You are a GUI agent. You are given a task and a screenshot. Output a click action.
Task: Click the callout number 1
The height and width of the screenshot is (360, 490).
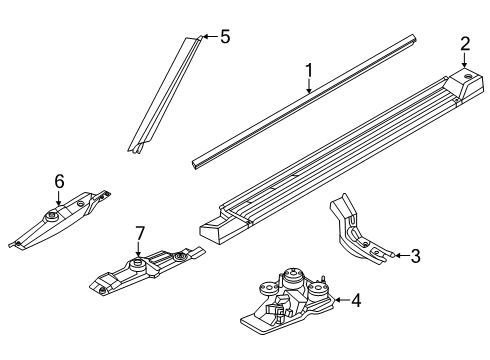(309, 71)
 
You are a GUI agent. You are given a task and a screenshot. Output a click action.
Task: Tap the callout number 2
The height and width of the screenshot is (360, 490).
(465, 44)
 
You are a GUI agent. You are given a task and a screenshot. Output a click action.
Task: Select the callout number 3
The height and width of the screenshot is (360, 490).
(415, 256)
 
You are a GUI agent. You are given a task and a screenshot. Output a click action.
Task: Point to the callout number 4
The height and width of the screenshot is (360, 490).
(356, 300)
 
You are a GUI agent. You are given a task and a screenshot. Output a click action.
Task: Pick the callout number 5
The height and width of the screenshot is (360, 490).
(225, 36)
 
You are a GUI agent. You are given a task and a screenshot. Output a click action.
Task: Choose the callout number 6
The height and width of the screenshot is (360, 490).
(59, 182)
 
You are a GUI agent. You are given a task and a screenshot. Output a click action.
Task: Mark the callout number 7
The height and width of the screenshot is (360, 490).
(140, 234)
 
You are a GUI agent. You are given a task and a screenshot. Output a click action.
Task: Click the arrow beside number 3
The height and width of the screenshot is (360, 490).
(401, 256)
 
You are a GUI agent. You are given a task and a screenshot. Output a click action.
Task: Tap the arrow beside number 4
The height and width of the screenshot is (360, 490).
(342, 300)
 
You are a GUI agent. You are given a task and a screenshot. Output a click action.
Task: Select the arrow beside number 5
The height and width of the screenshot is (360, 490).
(210, 36)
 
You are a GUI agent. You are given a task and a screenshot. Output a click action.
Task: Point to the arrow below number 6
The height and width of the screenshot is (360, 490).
(59, 199)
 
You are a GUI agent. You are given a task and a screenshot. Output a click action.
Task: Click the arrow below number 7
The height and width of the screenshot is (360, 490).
(139, 250)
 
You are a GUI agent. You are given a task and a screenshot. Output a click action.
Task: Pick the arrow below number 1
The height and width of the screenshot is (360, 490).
(309, 87)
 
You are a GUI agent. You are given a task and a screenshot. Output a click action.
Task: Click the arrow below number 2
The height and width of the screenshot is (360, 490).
(464, 60)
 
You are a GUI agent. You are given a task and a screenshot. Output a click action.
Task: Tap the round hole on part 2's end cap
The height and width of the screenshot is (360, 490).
(469, 76)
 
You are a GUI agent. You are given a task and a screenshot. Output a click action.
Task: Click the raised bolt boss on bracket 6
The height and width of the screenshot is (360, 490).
(52, 217)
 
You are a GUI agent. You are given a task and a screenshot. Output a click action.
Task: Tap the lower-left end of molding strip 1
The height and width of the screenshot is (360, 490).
(195, 164)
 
